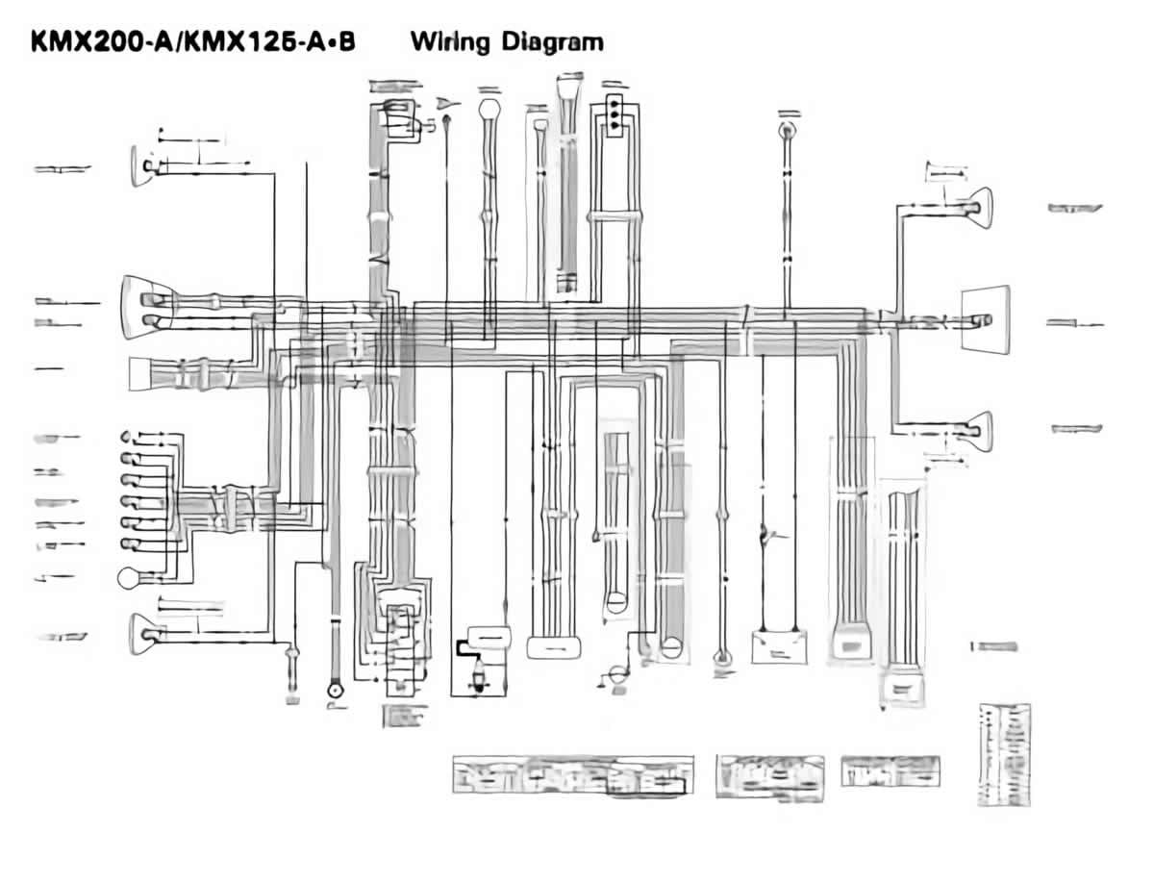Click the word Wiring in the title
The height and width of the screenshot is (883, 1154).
pyautogui.click(x=448, y=42)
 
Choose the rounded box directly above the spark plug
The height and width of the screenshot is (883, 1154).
pyautogui.click(x=490, y=636)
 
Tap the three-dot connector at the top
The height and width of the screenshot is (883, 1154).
pyautogui.click(x=612, y=112)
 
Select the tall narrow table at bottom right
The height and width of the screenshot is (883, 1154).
pyautogui.click(x=1004, y=754)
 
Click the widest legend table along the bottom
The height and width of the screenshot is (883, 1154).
pyautogui.click(x=573, y=774)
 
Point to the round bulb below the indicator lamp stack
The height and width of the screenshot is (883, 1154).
pyautogui.click(x=129, y=578)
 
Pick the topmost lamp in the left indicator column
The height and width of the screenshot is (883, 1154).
pyautogui.click(x=128, y=438)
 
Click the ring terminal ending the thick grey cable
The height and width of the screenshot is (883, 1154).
pyautogui.click(x=335, y=689)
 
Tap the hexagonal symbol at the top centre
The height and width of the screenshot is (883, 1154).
pyautogui.click(x=489, y=108)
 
